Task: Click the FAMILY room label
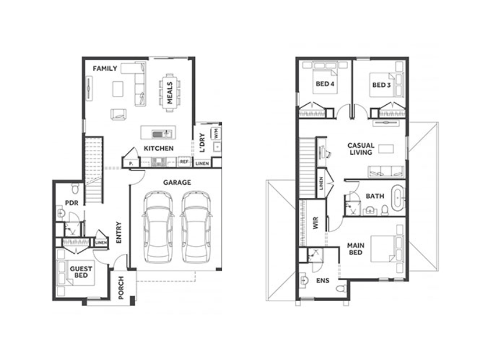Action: point(105,68)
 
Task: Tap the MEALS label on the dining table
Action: point(170,93)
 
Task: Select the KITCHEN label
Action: point(158,148)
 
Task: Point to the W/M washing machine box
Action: point(215,133)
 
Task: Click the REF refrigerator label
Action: point(184,161)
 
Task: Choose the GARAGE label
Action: point(177,182)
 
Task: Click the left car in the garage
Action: point(158,227)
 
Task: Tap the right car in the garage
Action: point(196,227)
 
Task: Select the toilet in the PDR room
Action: point(76,188)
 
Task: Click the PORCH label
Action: point(121,287)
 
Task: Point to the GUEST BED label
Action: point(81,272)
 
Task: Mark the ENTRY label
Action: point(119,233)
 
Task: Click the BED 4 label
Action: point(325,84)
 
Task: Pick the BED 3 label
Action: point(382,85)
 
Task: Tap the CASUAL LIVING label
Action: point(361,149)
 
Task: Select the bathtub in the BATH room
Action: point(397,198)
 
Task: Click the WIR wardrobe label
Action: point(316,223)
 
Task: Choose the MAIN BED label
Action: point(356,249)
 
